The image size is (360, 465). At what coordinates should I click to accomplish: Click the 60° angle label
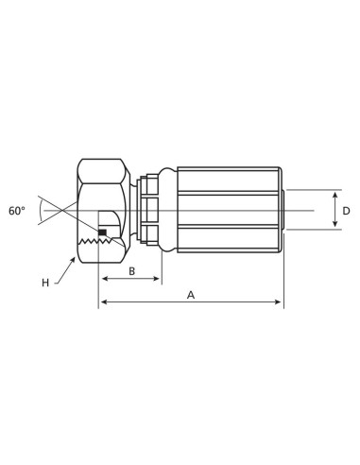click(17, 211)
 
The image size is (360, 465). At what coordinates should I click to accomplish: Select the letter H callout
click(44, 283)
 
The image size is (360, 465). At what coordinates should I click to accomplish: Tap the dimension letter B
click(131, 271)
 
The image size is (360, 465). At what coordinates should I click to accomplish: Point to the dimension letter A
click(191, 295)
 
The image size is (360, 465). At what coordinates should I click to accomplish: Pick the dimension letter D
click(346, 211)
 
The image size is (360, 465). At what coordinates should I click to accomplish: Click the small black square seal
click(102, 232)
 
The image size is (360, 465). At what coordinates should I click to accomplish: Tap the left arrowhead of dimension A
click(103, 302)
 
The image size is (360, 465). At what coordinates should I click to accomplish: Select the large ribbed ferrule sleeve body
click(227, 210)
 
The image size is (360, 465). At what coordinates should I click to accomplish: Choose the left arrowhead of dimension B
click(103, 279)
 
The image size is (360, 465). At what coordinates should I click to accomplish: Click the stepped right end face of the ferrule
click(283, 210)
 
